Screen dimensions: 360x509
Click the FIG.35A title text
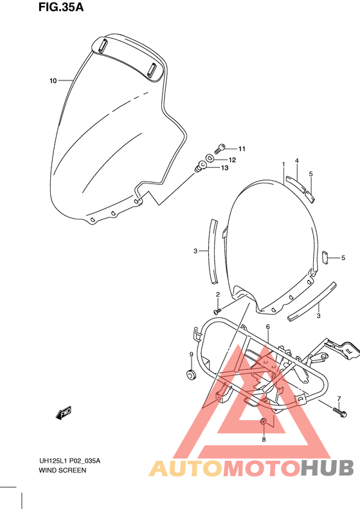[x=61, y=7]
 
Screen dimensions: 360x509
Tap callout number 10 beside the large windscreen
[x=53, y=81]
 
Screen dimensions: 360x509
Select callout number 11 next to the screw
[x=242, y=149]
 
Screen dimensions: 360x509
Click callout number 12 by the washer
[x=232, y=160]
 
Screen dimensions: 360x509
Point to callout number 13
[x=225, y=168]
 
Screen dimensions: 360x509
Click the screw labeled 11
[x=220, y=149]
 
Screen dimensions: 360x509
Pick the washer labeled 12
[x=210, y=158]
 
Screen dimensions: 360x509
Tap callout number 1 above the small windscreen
[x=283, y=164]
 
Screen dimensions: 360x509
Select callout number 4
[x=297, y=161]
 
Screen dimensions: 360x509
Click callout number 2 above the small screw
[x=218, y=295]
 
